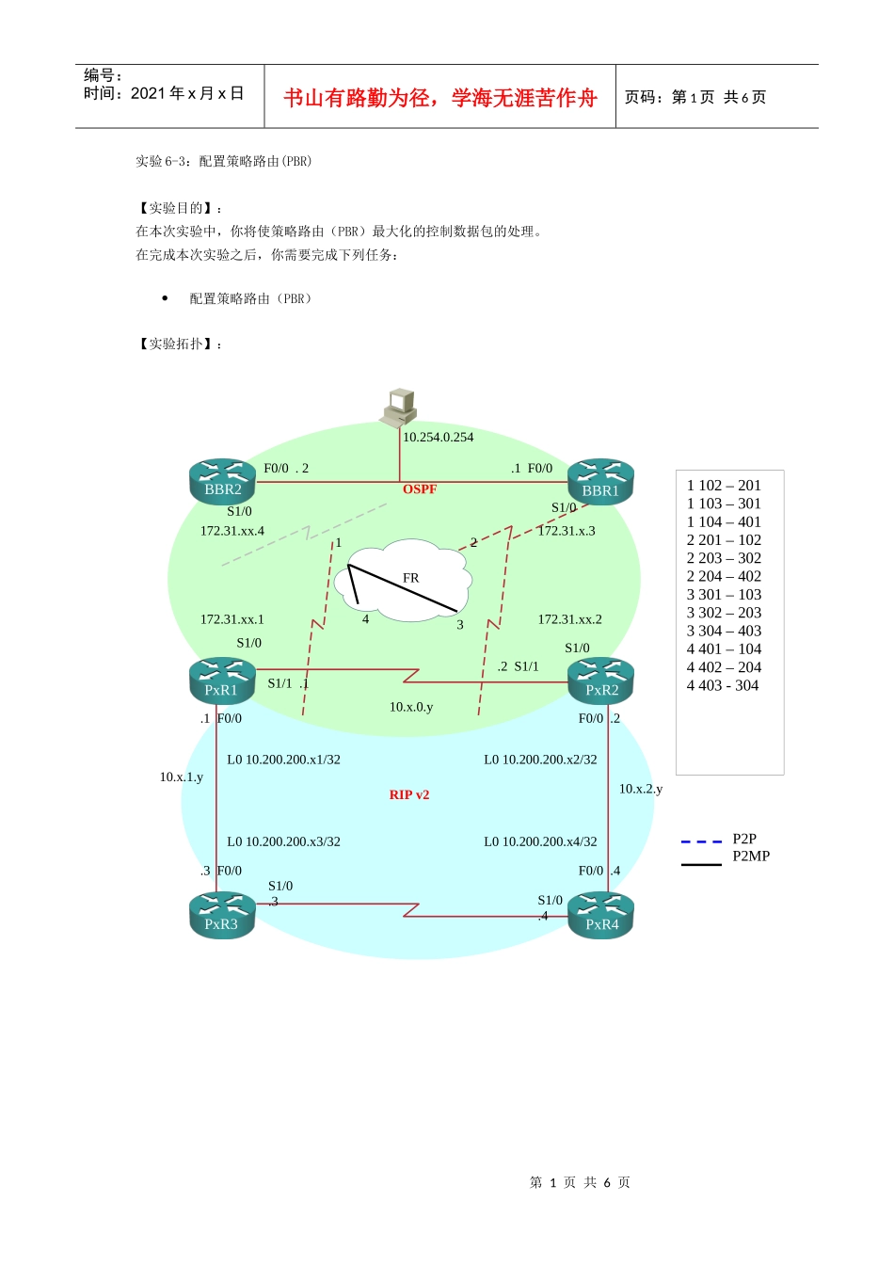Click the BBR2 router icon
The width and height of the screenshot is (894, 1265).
tap(222, 482)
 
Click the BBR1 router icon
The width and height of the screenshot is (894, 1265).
tap(600, 483)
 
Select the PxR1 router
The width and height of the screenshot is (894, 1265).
tap(221, 681)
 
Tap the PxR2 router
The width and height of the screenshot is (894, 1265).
tap(601, 681)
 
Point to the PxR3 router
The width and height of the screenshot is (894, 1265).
tap(221, 916)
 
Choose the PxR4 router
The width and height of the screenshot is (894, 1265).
tap(601, 917)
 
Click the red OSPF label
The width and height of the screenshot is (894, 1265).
tap(420, 489)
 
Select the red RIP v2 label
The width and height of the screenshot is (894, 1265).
tap(409, 795)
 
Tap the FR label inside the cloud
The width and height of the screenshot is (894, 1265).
tap(411, 578)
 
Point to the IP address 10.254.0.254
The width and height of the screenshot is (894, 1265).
tap(439, 438)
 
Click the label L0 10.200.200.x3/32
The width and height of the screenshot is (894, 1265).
tap(283, 842)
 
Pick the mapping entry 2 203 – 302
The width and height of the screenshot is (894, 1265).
tap(724, 558)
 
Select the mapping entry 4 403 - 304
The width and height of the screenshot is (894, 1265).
tap(723, 686)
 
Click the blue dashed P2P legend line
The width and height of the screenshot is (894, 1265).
tap(701, 841)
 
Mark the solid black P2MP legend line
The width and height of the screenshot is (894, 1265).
tap(701, 863)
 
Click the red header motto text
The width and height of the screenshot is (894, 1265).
tap(440, 98)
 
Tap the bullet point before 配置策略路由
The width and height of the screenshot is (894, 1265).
tap(165, 298)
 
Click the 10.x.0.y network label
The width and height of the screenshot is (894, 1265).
tap(411, 707)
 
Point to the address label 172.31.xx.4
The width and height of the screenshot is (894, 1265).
tap(232, 532)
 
